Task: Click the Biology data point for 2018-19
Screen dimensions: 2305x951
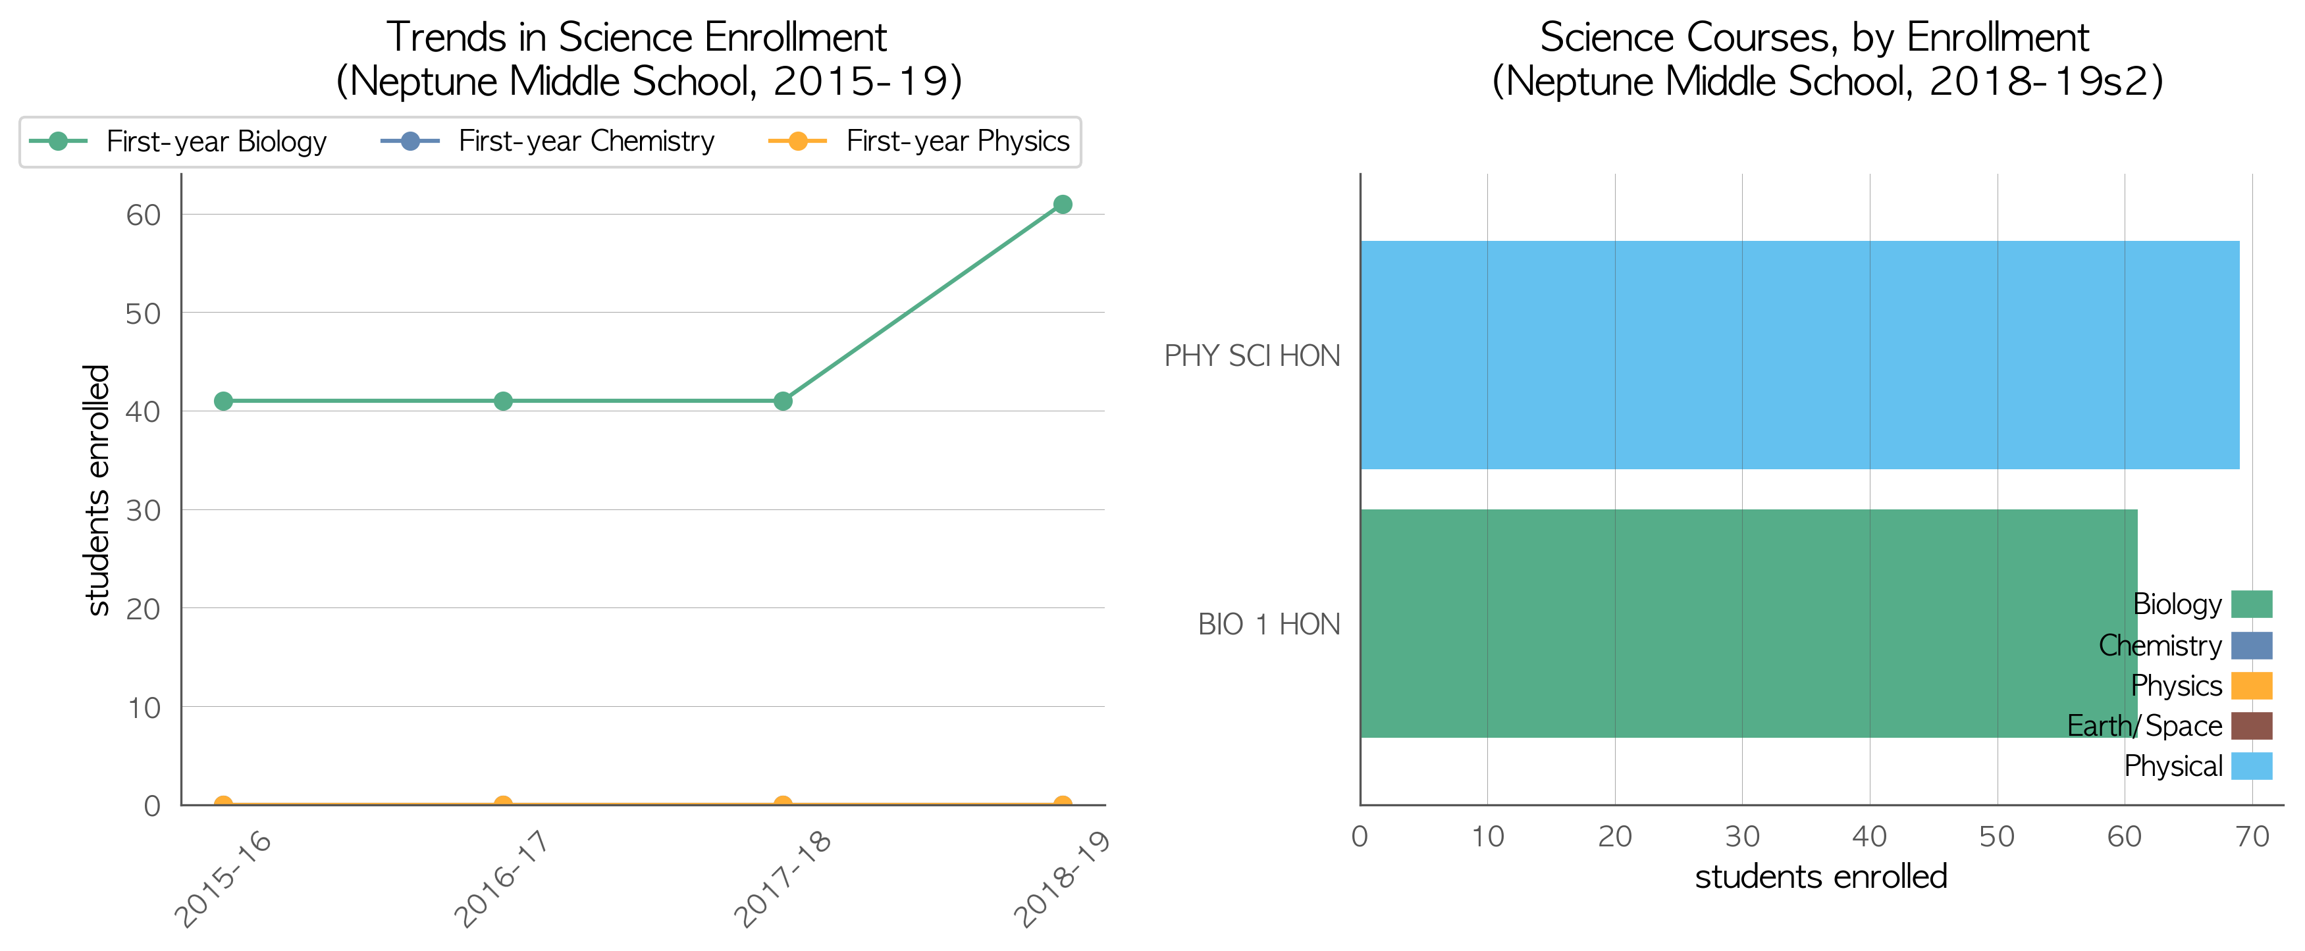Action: click(x=1062, y=204)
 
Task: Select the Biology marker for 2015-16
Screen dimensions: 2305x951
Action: click(x=224, y=401)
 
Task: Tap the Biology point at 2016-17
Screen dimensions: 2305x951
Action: click(x=503, y=401)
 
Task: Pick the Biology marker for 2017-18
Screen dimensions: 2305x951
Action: click(x=783, y=401)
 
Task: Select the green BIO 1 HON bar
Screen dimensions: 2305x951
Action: click(x=1749, y=623)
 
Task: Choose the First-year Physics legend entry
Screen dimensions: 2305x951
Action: click(x=919, y=141)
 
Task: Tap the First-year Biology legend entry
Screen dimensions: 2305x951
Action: click(x=178, y=141)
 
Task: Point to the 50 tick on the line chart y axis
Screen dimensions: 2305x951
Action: click(x=143, y=313)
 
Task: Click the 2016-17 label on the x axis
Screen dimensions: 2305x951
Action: click(x=500, y=879)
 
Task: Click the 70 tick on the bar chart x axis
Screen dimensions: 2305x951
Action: click(x=2252, y=836)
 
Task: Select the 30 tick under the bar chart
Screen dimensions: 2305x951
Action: click(x=1742, y=836)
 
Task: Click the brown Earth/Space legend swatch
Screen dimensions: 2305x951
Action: click(x=2251, y=725)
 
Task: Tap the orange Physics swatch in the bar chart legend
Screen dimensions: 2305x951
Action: click(x=2251, y=685)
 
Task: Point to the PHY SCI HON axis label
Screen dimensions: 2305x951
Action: click(x=1252, y=356)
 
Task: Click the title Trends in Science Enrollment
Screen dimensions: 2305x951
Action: click(x=636, y=38)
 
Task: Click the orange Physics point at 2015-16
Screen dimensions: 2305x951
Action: click(x=224, y=804)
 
